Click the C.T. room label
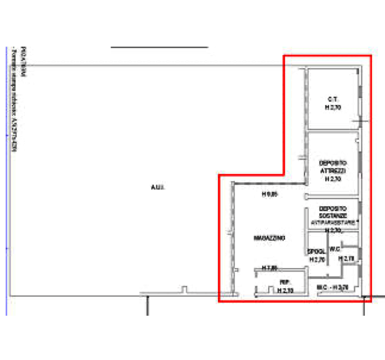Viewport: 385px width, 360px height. click(332, 99)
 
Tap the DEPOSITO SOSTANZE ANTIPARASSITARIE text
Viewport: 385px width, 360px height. click(333, 214)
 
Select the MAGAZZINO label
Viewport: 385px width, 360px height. click(270, 238)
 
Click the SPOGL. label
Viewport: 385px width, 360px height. click(316, 250)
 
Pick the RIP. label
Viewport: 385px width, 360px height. click(284, 283)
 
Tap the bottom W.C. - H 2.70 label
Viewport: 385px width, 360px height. click(333, 287)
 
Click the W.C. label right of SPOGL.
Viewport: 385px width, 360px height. click(335, 249)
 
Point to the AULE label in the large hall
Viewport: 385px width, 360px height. click(159, 186)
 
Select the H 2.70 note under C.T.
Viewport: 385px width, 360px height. click(333, 108)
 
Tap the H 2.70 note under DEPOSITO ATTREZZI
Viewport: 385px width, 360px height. click(333, 179)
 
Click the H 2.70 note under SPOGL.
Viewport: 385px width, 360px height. click(316, 259)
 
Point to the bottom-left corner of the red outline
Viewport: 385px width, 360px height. click(218, 301)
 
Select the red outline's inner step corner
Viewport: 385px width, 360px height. click(284, 174)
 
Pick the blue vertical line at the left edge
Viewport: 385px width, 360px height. click(7, 179)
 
